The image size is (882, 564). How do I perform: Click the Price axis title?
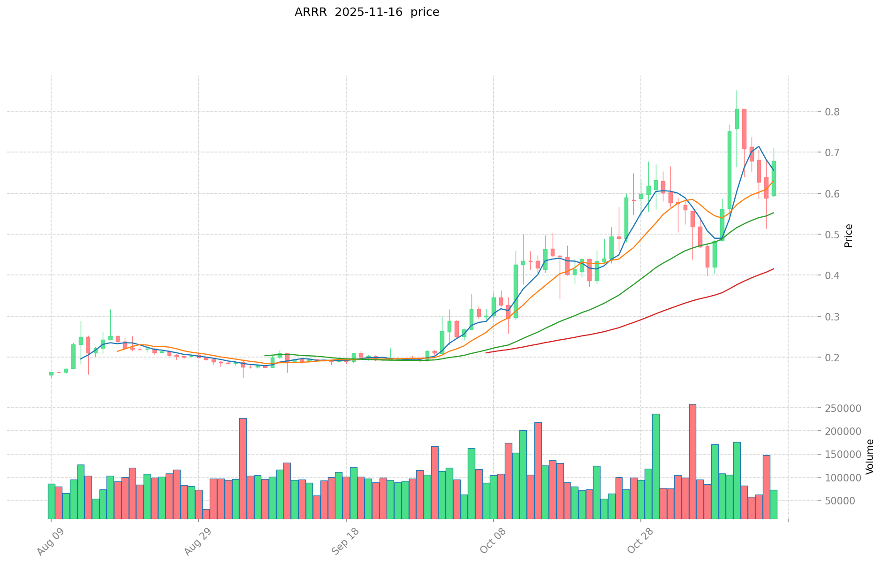point(848,235)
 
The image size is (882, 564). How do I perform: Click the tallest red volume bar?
point(692,461)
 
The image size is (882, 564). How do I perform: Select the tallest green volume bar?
point(655,466)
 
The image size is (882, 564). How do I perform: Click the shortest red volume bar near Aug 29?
point(206,514)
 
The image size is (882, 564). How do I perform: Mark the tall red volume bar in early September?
point(243,468)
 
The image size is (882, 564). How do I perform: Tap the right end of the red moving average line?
point(774,269)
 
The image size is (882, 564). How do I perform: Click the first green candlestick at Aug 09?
point(51,374)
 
